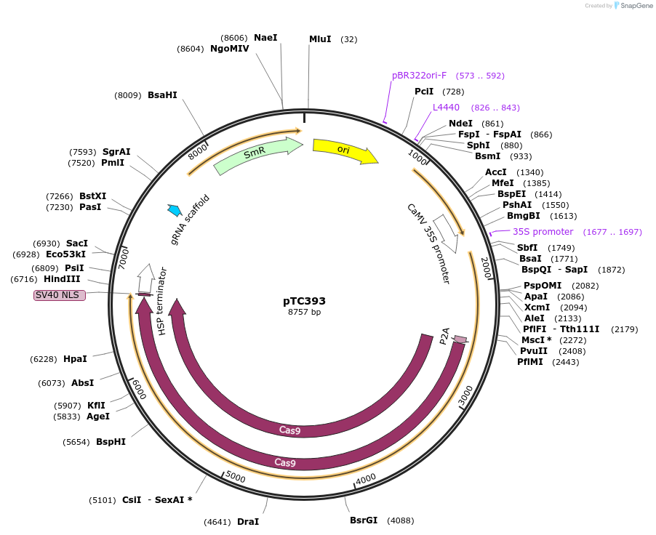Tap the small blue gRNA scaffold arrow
[175, 210]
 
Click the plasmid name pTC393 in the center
[304, 301]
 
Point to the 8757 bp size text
[304, 312]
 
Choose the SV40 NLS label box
[60, 295]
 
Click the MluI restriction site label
[320, 39]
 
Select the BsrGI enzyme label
[364, 520]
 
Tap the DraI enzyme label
[248, 521]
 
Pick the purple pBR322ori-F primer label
[420, 76]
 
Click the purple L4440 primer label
[446, 108]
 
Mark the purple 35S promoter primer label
[543, 232]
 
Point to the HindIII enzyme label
[62, 279]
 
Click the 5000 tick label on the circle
[235, 477]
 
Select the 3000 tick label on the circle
[466, 396]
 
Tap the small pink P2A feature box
[460, 339]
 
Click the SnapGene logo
[633, 6]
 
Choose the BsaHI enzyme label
[162, 95]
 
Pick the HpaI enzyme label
[75, 359]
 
